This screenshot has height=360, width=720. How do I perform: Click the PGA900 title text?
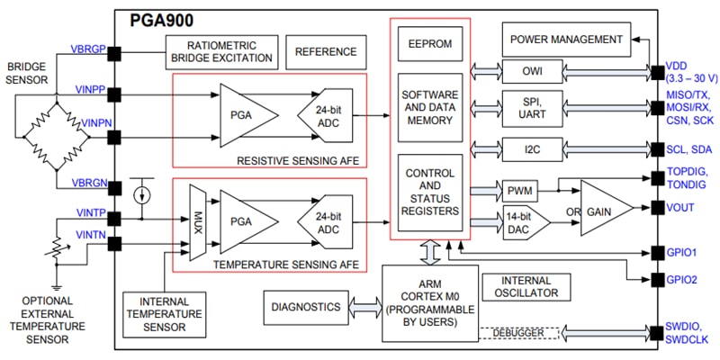[162, 20]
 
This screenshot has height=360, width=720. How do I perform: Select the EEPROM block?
[430, 42]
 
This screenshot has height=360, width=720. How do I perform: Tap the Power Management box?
[565, 40]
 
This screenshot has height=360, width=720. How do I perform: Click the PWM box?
[519, 190]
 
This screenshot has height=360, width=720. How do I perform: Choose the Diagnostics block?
[305, 308]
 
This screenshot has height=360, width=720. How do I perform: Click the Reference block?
[326, 52]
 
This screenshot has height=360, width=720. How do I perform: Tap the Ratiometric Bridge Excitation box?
[220, 52]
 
